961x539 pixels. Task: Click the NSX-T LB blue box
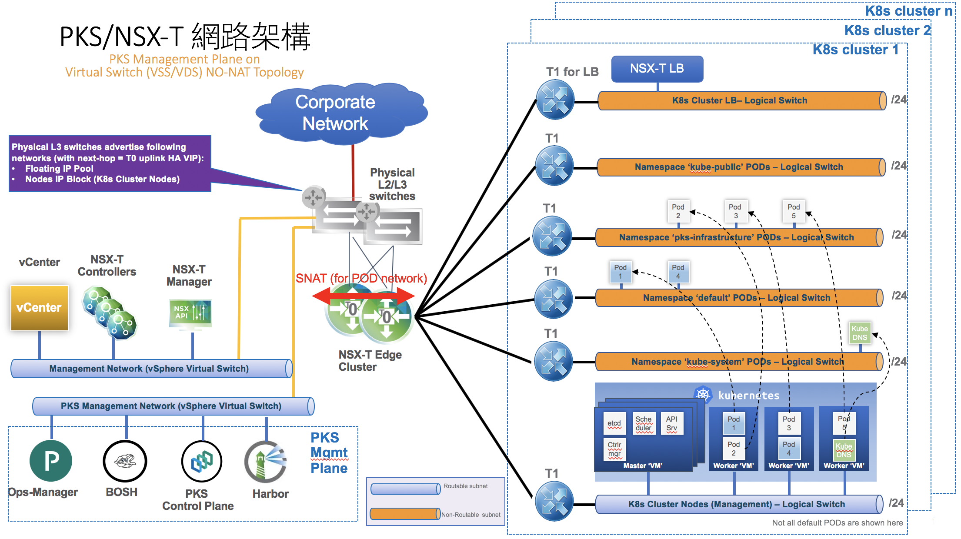click(657, 69)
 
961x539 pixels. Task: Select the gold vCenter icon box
click(39, 308)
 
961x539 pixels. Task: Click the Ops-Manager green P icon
click(51, 461)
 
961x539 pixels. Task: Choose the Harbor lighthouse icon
click(266, 462)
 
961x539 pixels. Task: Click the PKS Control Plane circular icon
click(202, 462)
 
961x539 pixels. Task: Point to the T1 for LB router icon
click(555, 100)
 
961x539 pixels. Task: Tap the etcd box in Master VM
click(614, 423)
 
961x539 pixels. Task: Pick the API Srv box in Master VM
click(672, 423)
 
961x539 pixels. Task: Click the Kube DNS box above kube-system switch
click(860, 333)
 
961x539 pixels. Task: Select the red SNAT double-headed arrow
click(363, 296)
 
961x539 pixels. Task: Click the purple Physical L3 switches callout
click(110, 163)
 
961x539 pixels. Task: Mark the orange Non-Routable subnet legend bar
click(404, 514)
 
